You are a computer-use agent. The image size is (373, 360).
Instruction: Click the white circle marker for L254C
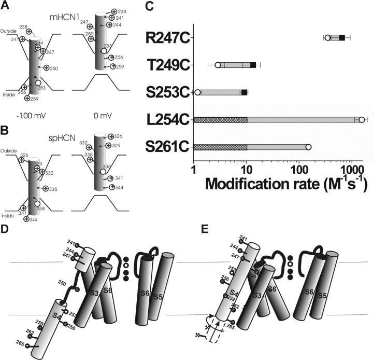pos(362,120)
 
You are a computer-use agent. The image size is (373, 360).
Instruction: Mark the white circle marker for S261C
pos(308,147)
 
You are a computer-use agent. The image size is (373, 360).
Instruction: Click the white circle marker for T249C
pos(218,65)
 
